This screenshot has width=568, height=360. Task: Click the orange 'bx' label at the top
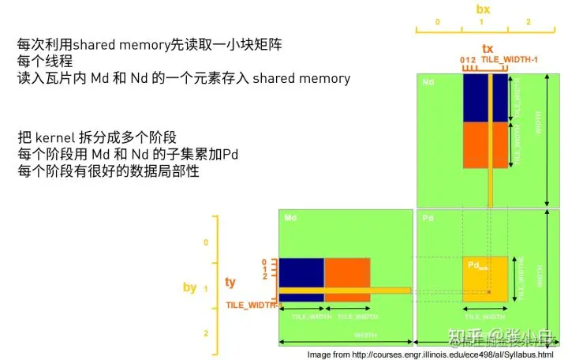pyautogui.click(x=484, y=9)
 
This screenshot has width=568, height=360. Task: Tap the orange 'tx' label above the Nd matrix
pyautogui.click(x=488, y=49)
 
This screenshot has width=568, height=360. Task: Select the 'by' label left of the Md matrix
pyautogui.click(x=189, y=287)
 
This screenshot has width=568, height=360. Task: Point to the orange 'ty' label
pyautogui.click(x=230, y=282)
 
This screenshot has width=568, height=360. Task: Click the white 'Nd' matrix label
pyautogui.click(x=428, y=82)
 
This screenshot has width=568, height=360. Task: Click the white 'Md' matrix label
pyautogui.click(x=290, y=217)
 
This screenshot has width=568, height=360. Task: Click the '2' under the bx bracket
pyautogui.click(x=529, y=23)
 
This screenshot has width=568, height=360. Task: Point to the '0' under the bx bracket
pyautogui.click(x=437, y=23)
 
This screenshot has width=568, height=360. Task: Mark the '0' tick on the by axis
pyautogui.click(x=206, y=242)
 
